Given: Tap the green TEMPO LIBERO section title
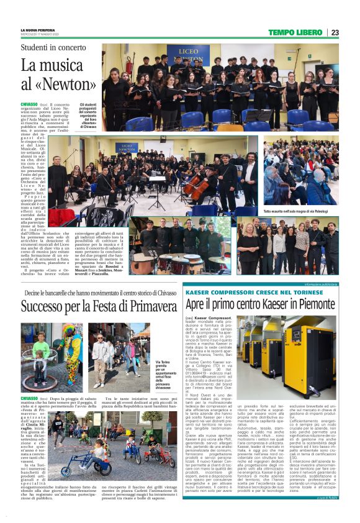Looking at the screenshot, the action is [296, 32].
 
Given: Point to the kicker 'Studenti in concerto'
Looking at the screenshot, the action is [53, 47].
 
